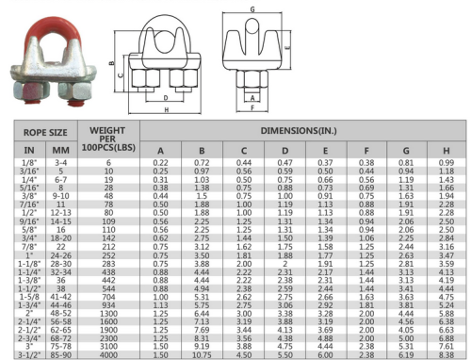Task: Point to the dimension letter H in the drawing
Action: tap(168, 109)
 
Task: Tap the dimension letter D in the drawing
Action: tap(166, 97)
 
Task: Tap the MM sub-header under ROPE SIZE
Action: tap(61, 149)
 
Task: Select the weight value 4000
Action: tap(108, 354)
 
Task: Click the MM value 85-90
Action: tap(61, 354)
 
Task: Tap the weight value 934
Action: tap(108, 304)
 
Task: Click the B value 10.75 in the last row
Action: tap(202, 354)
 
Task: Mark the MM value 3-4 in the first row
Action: tap(61, 164)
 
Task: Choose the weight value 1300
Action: tap(108, 313)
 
